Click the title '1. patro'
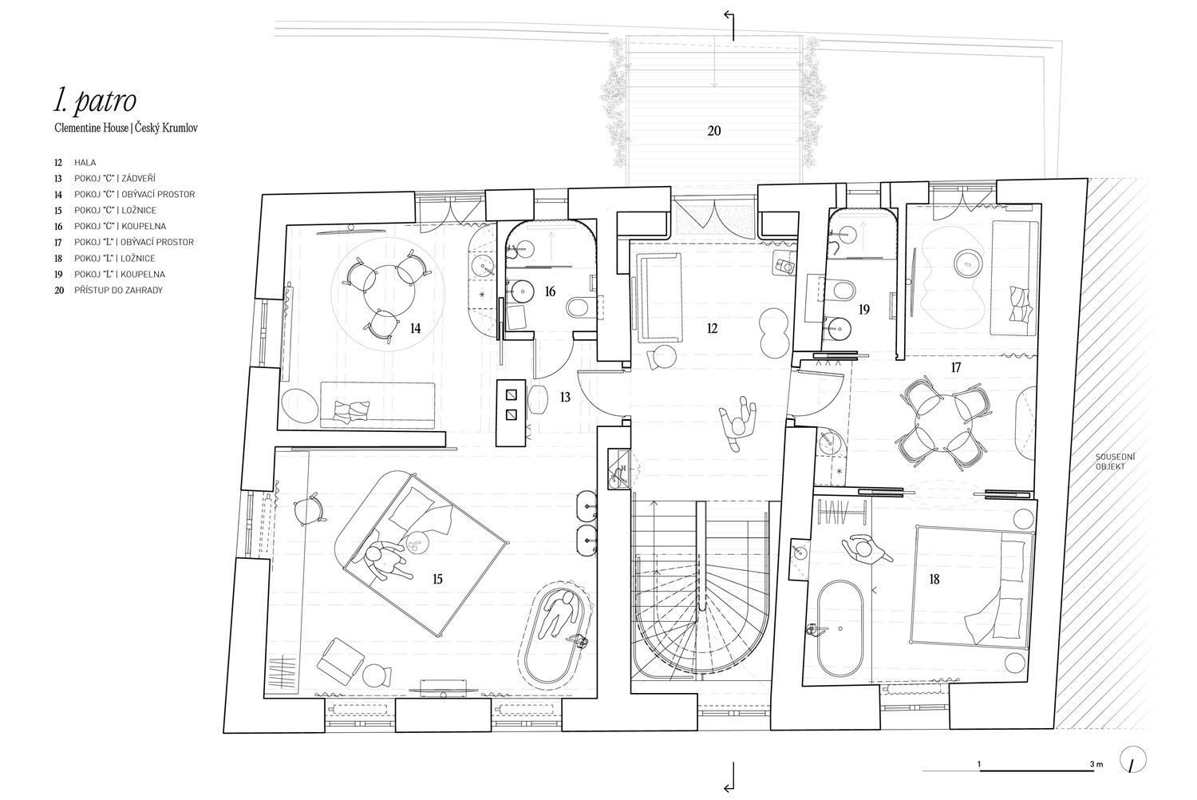pos(95,100)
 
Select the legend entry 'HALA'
pos(85,163)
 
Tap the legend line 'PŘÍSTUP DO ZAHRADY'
pos(119,291)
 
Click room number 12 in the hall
pos(712,328)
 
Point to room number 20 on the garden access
pos(714,131)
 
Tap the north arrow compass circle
pos(1132,760)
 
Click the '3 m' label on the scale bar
pos(1096,764)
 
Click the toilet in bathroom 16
pos(579,307)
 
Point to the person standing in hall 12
pos(738,423)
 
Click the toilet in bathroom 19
pos(840,291)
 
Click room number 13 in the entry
pos(565,398)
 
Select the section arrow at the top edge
pos(729,25)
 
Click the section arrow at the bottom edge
pos(729,777)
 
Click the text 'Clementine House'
pos(92,129)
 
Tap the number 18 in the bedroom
pos(934,579)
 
